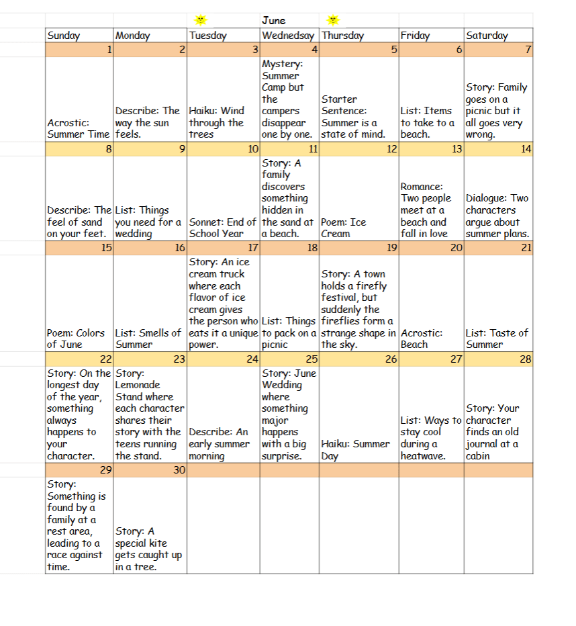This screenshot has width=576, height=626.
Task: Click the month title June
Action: (x=273, y=21)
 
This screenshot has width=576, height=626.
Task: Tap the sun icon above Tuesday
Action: (x=199, y=21)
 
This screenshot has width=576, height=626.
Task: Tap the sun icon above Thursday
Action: (x=333, y=21)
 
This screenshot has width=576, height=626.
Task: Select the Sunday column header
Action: (x=64, y=36)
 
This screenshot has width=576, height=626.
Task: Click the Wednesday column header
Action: (x=288, y=36)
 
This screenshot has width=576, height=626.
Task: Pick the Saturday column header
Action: (x=487, y=36)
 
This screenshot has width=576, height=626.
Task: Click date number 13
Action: (x=457, y=149)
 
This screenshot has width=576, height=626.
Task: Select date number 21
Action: (x=526, y=248)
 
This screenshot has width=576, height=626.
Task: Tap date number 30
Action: (x=179, y=470)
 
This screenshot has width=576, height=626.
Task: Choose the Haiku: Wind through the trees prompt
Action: (x=216, y=122)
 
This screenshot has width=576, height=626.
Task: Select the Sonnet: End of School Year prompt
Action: (x=222, y=228)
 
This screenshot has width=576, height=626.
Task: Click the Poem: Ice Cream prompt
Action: (x=344, y=228)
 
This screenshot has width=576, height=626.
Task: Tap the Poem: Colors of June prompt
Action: (x=75, y=339)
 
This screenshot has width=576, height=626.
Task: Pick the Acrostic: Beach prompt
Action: (x=421, y=339)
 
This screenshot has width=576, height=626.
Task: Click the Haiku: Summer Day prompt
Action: (x=355, y=449)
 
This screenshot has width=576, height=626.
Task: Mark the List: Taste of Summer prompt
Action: (x=496, y=339)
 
